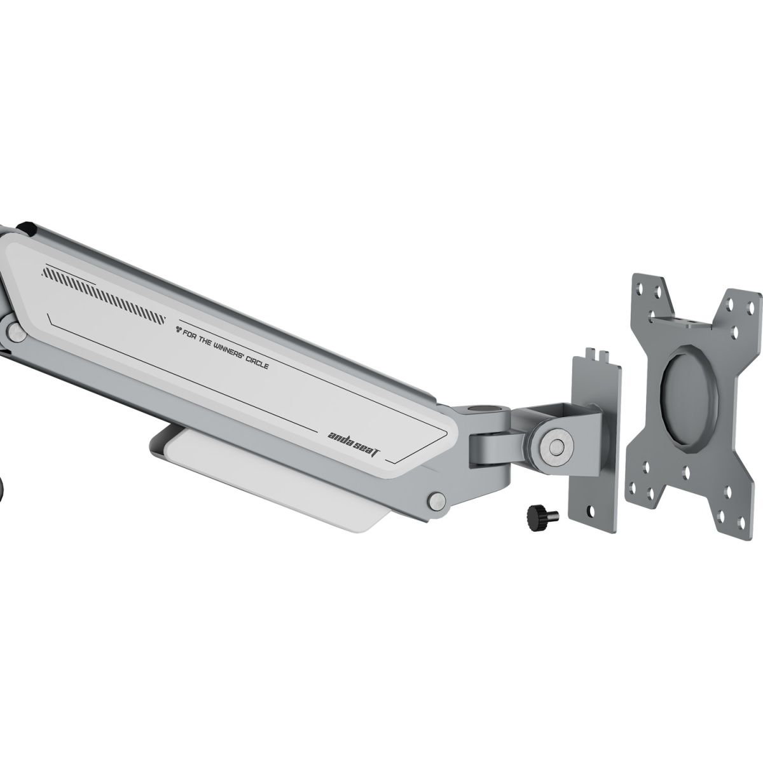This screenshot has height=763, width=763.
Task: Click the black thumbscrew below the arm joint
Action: [x=542, y=514]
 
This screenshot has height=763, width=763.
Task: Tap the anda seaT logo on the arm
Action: [x=354, y=443]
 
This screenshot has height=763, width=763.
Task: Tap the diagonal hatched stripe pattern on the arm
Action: [x=104, y=294]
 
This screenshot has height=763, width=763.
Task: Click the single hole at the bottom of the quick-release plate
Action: [x=591, y=511]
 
